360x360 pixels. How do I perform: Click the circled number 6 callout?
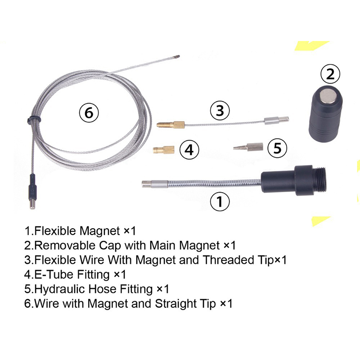click(x=89, y=112)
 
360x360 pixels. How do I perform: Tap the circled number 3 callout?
click(x=220, y=110)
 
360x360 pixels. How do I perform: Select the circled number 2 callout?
click(x=330, y=74)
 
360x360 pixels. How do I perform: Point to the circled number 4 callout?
click(x=189, y=150)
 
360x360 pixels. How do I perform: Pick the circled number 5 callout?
click(x=277, y=148)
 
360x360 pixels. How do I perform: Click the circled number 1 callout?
click(x=220, y=201)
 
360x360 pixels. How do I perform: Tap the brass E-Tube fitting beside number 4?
click(x=163, y=150)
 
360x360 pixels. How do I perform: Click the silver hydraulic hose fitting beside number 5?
click(x=248, y=147)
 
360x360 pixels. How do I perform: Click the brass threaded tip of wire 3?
click(x=171, y=125)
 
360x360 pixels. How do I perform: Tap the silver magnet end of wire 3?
click(x=276, y=120)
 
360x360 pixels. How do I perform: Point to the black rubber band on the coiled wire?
click(x=34, y=120)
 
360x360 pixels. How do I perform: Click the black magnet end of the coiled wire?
click(x=32, y=192)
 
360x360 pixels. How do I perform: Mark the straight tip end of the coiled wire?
click(x=176, y=56)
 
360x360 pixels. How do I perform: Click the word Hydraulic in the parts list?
click(x=60, y=289)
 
